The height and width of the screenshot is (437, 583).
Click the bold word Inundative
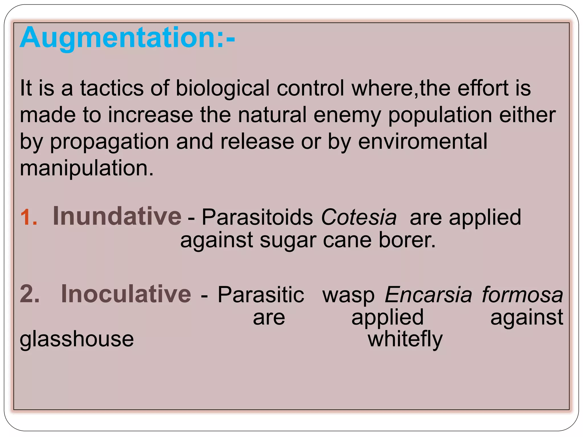[117, 216]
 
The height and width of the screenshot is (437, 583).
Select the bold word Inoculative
[126, 294]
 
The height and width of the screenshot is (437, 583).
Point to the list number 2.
[30, 294]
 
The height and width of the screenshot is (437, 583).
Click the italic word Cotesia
[359, 217]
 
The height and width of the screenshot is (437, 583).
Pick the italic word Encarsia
[428, 294]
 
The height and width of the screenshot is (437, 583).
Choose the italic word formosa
[522, 294]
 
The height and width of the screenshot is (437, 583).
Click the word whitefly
[405, 339]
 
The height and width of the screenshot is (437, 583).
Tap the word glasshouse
[77, 339]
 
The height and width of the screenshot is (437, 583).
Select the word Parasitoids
[257, 217]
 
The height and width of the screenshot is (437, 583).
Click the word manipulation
[87, 168]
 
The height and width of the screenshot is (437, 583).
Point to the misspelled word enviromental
[422, 141]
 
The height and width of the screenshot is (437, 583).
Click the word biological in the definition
[223, 88]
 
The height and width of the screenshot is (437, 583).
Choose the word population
[440, 115]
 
